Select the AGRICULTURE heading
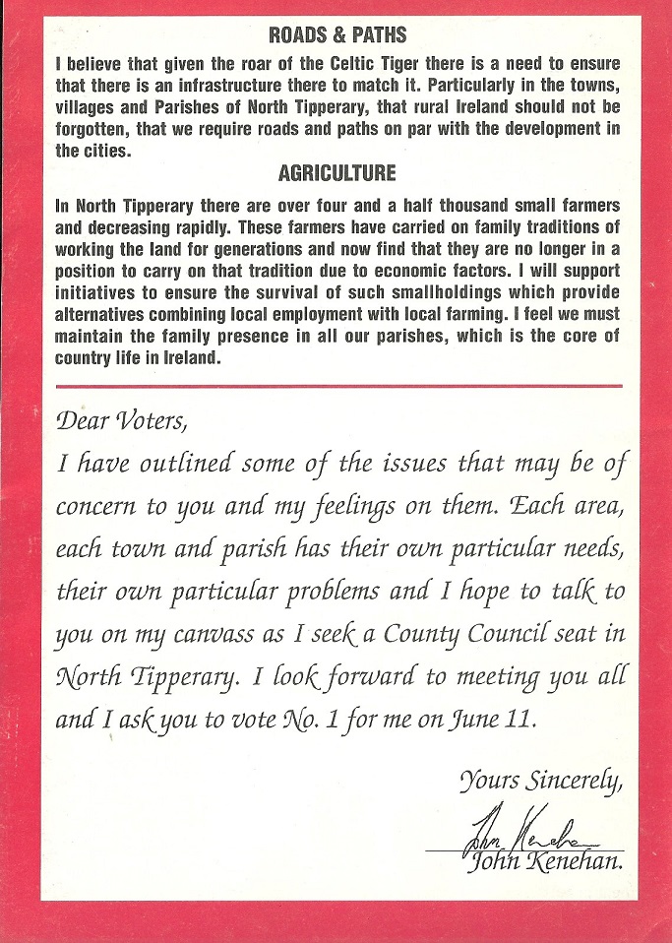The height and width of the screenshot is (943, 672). (337, 173)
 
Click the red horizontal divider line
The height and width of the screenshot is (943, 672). (338, 386)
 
